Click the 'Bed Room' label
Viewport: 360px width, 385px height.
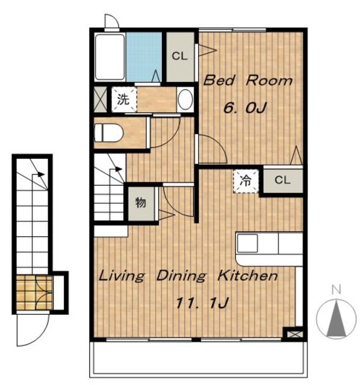pos(247,80)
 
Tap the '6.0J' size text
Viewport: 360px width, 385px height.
pos(245,108)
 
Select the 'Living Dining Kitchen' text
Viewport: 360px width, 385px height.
pos(188,276)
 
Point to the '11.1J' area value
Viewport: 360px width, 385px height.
pos(202,303)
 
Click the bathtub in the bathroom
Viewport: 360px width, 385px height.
pos(110,57)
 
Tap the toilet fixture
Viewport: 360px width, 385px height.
pos(109,133)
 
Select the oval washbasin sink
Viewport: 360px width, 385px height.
pos(185,99)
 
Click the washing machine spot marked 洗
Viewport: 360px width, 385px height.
pos(123,99)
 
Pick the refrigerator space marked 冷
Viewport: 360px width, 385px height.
pos(246,180)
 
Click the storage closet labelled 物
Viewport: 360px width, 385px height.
pos(141,203)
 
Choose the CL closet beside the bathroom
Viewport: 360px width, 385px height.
pos(180,57)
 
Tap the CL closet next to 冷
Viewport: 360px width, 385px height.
pos(283,180)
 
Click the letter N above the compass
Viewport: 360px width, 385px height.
pos(336,290)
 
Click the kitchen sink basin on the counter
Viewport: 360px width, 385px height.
pos(247,243)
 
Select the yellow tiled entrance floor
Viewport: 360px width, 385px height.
pos(34,292)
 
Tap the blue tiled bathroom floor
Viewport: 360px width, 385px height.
pos(144,57)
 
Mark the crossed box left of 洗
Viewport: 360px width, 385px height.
pos(101,99)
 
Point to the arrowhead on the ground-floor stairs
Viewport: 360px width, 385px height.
pos(41,174)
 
